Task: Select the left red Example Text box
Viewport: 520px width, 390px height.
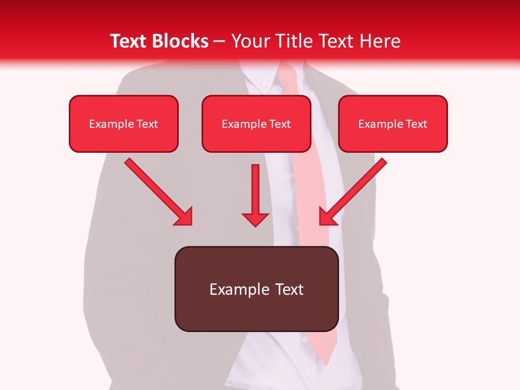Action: pos(123,123)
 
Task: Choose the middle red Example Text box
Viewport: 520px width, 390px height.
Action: pos(256,123)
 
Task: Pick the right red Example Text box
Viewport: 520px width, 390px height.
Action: pos(393,123)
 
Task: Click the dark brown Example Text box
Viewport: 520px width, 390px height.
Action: pos(256,289)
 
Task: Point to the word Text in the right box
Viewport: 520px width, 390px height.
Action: pos(415,124)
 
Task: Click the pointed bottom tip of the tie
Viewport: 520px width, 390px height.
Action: pos(327,362)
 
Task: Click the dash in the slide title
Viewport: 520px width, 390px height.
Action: pos(219,42)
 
